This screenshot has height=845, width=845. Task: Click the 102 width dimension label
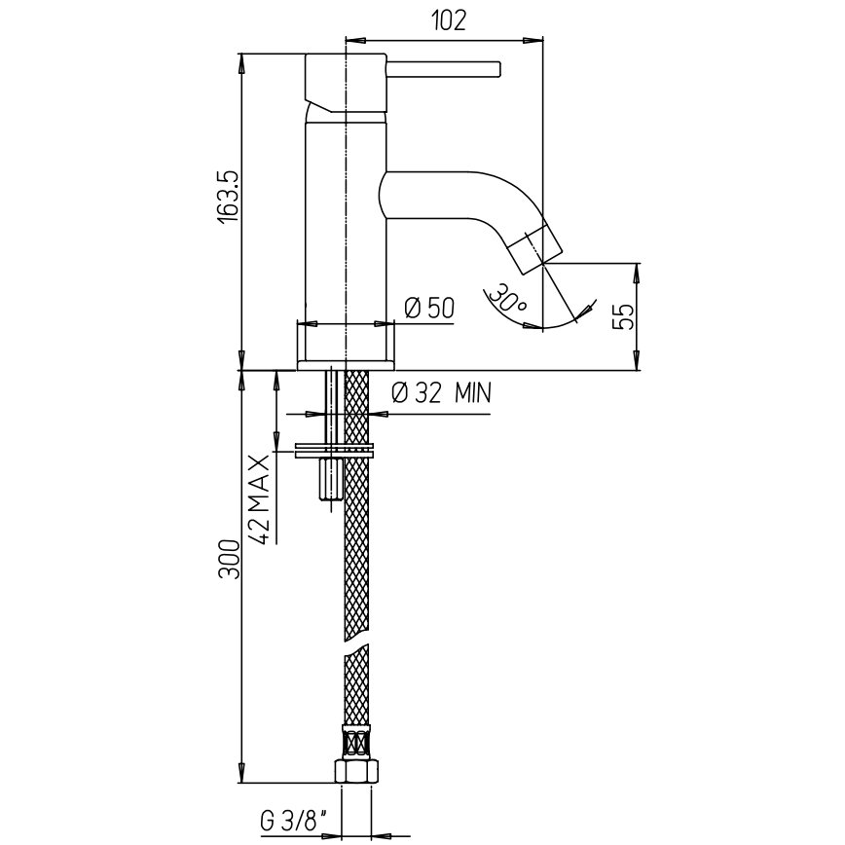[x=449, y=21]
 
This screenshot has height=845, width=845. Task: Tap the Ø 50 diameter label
[x=429, y=308]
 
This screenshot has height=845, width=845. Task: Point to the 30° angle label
[x=507, y=298]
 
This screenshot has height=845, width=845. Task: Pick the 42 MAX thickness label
[x=259, y=499]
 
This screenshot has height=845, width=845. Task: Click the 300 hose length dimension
[x=228, y=559]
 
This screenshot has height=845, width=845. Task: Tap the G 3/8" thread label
[x=294, y=823]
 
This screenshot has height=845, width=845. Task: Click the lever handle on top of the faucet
[x=444, y=69]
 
